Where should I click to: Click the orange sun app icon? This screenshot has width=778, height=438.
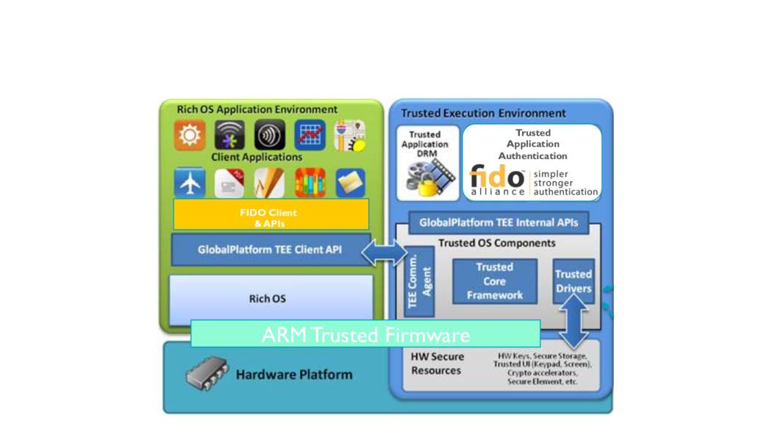(190, 135)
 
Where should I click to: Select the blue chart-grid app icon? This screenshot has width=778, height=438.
(310, 135)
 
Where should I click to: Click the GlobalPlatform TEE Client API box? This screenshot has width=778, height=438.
(269, 250)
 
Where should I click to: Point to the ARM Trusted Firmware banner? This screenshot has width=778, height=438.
(365, 334)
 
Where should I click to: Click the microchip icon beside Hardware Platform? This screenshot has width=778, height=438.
(207, 375)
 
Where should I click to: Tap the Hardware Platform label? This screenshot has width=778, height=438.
(293, 375)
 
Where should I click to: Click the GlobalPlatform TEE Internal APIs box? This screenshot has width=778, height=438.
(499, 222)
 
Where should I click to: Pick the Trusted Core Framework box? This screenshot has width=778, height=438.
(494, 280)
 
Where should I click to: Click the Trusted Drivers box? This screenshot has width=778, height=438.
(574, 280)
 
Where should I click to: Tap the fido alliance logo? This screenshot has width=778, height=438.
(498, 181)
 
